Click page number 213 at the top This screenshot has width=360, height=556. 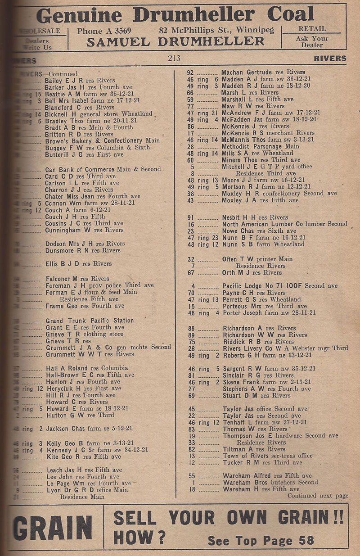(x=173, y=58)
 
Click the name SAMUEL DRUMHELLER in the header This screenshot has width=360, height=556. (x=175, y=42)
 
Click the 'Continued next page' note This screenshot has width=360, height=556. (x=318, y=496)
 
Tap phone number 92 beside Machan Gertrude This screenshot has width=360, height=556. (x=190, y=72)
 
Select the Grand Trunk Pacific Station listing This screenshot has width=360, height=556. (x=90, y=321)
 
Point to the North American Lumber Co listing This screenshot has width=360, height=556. (x=284, y=224)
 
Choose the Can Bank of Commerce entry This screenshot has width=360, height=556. (x=103, y=169)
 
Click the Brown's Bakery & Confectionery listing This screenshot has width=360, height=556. (x=102, y=140)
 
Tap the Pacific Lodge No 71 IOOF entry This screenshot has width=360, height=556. (x=279, y=286)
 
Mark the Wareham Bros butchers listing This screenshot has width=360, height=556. (x=270, y=482)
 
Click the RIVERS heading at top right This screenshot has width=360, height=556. (x=330, y=59)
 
